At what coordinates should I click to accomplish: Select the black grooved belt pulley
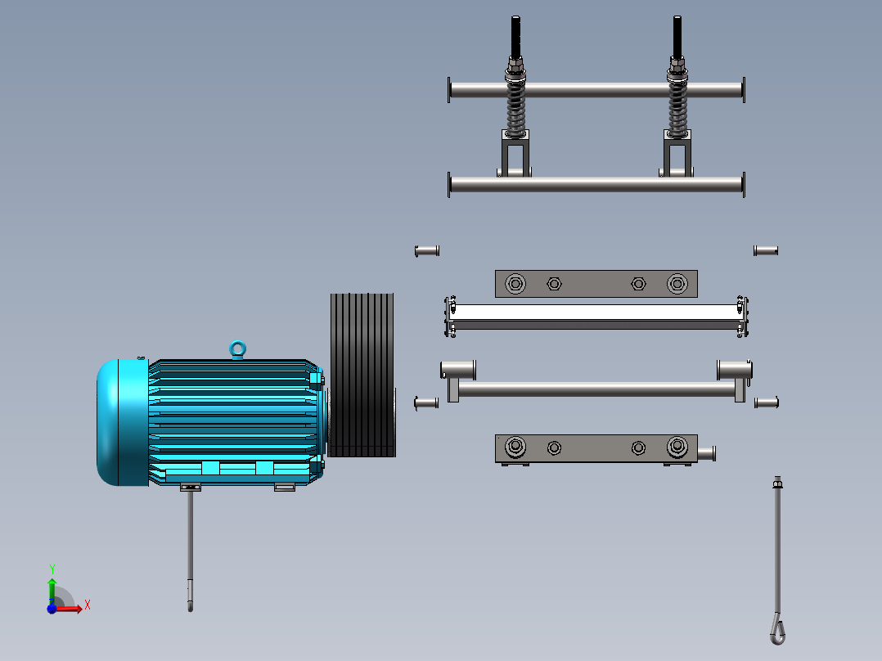pyautogui.click(x=362, y=375)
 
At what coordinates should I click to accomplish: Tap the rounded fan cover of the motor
pyautogui.click(x=122, y=422)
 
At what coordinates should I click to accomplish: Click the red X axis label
pyautogui.click(x=88, y=605)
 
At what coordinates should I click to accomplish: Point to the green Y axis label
pyautogui.click(x=52, y=569)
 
